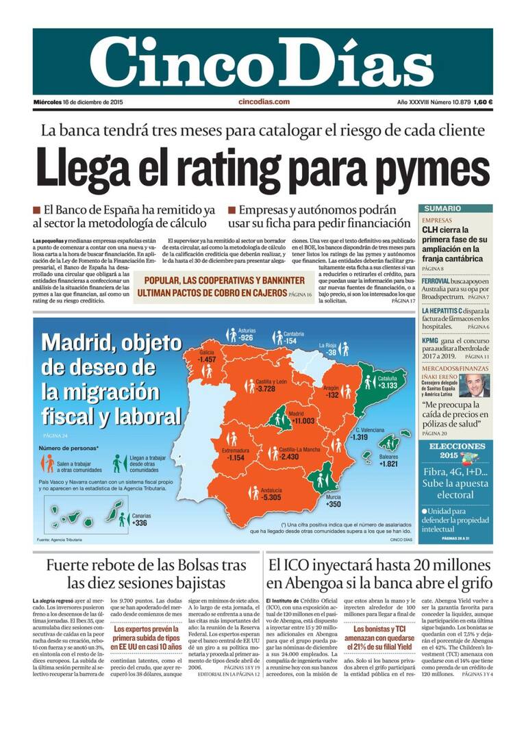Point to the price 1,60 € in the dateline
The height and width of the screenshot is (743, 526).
click(x=483, y=102)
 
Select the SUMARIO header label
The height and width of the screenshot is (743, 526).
click(x=442, y=208)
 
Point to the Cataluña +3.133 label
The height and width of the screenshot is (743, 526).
click(x=386, y=382)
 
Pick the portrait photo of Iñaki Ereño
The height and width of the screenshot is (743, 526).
click(x=473, y=386)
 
